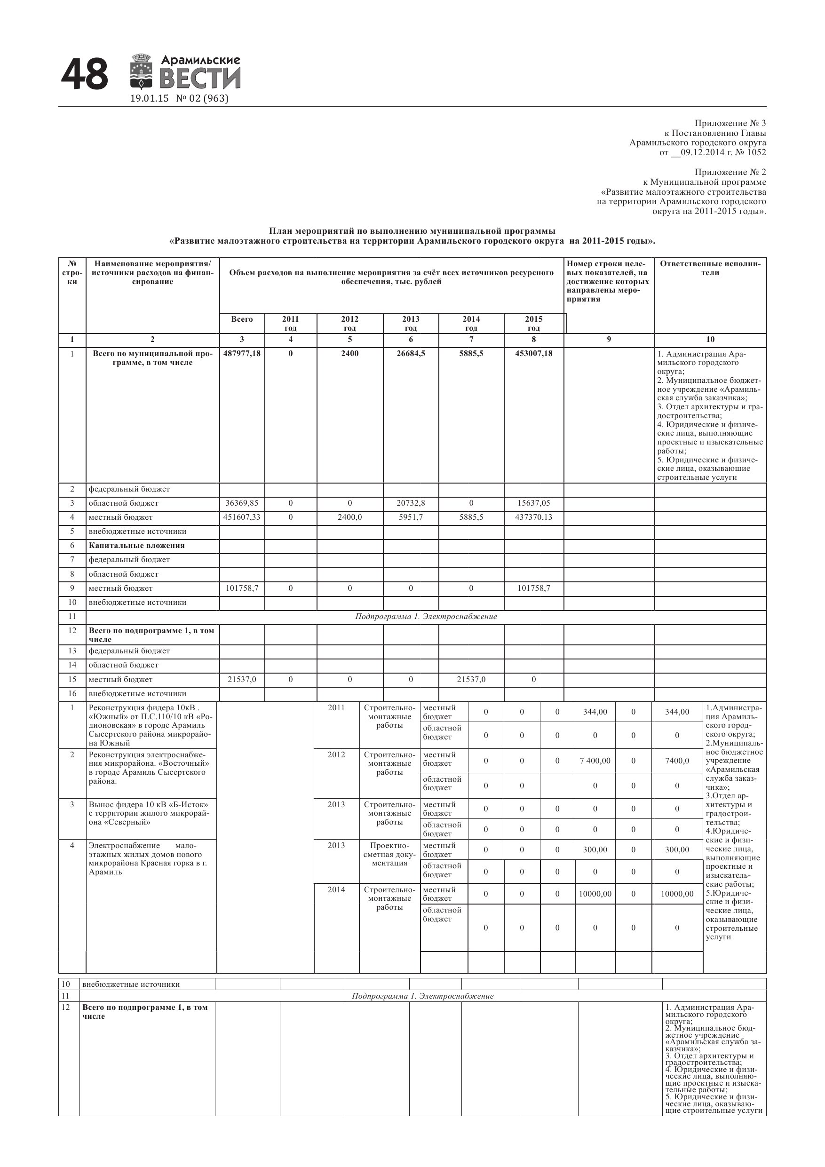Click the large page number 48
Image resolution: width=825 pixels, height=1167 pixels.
pyautogui.click(x=84, y=74)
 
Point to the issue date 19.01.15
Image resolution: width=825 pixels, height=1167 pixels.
pyautogui.click(x=149, y=99)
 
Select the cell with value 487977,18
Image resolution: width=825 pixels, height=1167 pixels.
pyautogui.click(x=241, y=353)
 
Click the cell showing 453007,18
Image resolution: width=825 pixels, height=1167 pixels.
pyautogui.click(x=533, y=353)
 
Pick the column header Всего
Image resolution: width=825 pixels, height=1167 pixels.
pyautogui.click(x=241, y=319)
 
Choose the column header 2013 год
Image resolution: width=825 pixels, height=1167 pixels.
pyautogui.click(x=411, y=323)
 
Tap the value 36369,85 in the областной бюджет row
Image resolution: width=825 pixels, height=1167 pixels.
pyautogui.click(x=241, y=503)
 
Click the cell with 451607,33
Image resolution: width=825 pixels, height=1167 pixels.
pyautogui.click(x=241, y=517)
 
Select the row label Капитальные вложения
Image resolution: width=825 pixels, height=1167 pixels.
pyautogui.click(x=136, y=545)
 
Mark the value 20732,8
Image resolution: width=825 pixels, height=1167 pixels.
pyautogui.click(x=411, y=503)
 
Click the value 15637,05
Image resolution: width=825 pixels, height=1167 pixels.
pyautogui.click(x=533, y=503)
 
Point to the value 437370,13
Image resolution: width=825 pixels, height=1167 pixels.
pyautogui.click(x=533, y=517)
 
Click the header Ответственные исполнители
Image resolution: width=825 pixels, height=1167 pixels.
pyautogui.click(x=710, y=269)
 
